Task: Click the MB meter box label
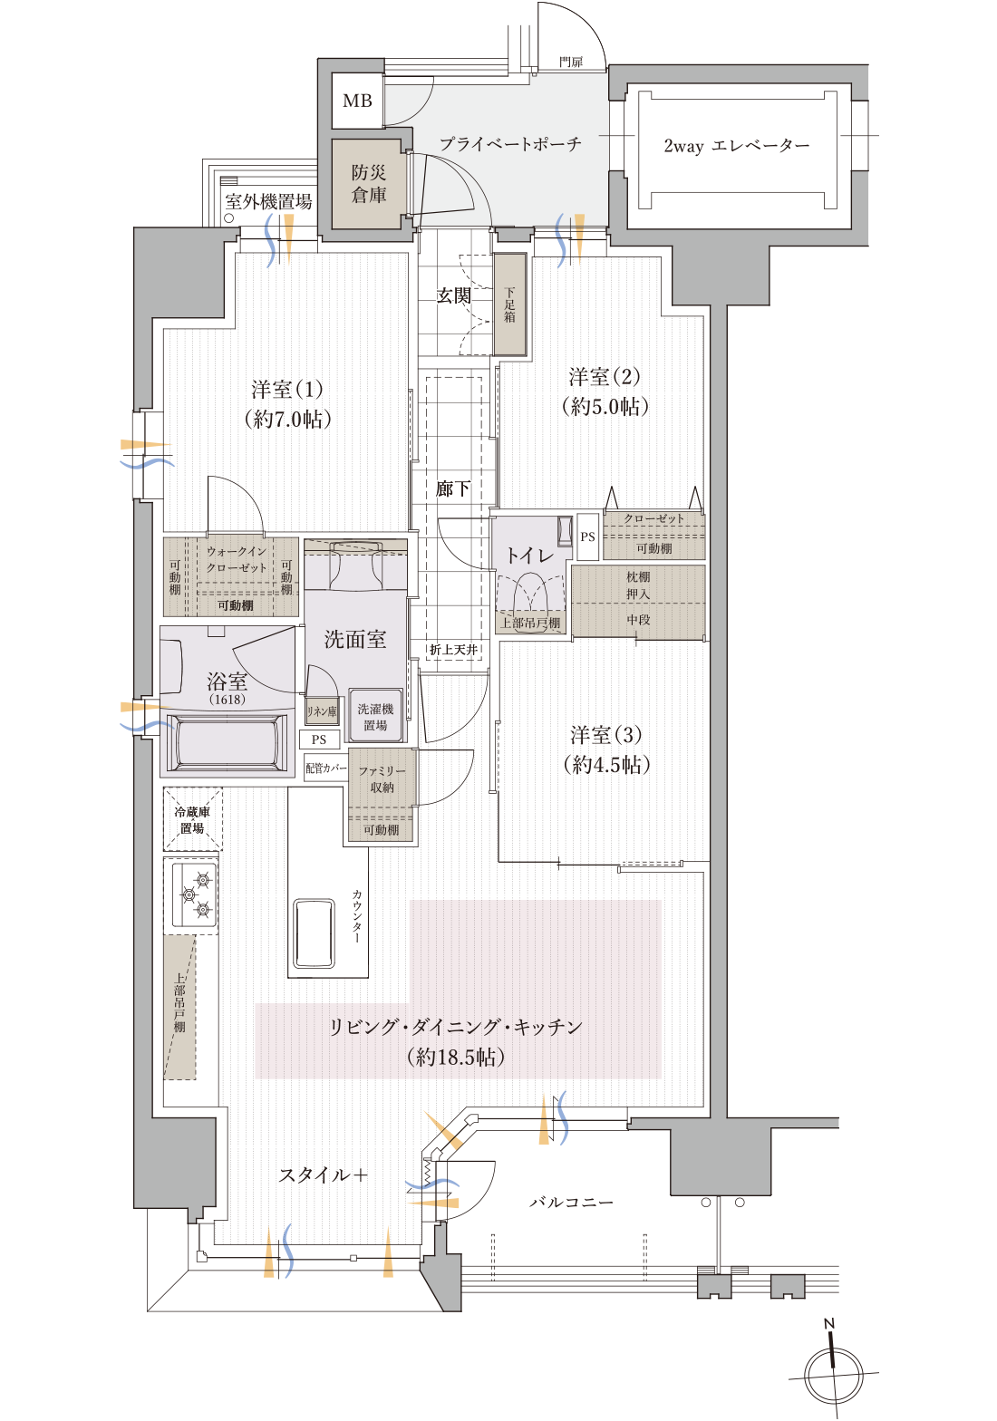357,101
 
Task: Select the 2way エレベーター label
736,146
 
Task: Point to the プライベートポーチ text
510,144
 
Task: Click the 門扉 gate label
571,62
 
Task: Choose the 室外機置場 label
268,202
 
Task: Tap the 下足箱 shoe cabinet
510,304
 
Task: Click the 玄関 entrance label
453,295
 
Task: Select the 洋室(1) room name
287,390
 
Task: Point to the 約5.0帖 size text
605,406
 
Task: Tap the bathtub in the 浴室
227,741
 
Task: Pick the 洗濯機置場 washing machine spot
375,717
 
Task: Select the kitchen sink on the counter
314,933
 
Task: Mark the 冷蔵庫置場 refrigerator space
192,819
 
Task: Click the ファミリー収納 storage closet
382,780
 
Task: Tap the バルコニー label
571,1203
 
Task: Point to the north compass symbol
833,1371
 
